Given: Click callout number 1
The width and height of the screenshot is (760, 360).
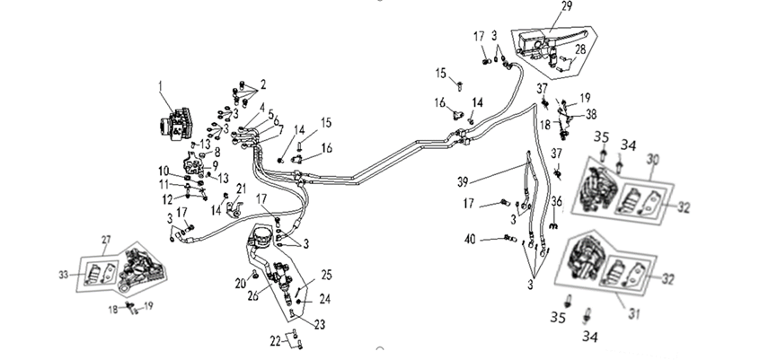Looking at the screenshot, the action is point(161,86).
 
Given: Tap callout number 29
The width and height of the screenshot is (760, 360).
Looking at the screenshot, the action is point(567,6).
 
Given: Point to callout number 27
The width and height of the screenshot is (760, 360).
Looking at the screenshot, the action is point(106,240).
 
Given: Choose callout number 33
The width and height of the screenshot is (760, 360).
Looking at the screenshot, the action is point(64,275).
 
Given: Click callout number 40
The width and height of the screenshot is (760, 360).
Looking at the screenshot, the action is point(470,240).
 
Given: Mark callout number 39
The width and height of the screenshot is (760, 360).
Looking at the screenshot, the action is point(463,181).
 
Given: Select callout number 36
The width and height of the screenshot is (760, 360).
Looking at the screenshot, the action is point(556,200).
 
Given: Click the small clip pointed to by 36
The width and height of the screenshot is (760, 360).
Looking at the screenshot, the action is point(554,226).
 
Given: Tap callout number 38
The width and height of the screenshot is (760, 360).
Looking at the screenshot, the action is point(591,114).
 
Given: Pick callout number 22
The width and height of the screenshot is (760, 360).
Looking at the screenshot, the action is point(275,341).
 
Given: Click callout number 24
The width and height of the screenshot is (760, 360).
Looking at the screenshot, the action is point(324,299).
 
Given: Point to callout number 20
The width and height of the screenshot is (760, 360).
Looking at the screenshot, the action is point(241,284).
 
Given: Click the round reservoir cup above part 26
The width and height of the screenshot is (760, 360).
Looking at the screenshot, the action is point(261,237).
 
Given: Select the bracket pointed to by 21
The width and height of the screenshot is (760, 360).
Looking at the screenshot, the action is point(235,209).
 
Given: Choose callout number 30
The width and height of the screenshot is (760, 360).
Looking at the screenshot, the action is point(653,160).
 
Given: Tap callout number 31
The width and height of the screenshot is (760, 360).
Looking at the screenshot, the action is point(635,314).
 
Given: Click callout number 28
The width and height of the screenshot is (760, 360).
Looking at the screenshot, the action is point(580,49).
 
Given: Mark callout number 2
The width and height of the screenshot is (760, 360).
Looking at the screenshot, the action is point(262,84).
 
